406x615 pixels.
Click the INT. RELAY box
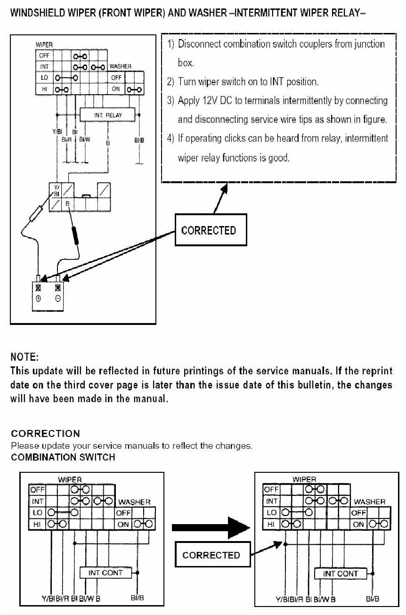tap(107, 114)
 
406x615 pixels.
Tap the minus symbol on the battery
tap(58, 299)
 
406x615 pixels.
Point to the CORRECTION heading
tap(45, 433)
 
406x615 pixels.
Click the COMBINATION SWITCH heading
tap(63, 457)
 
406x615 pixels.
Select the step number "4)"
tap(171, 138)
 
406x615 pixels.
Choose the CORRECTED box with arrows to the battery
tap(208, 230)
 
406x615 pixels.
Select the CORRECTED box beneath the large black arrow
tap(211, 555)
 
